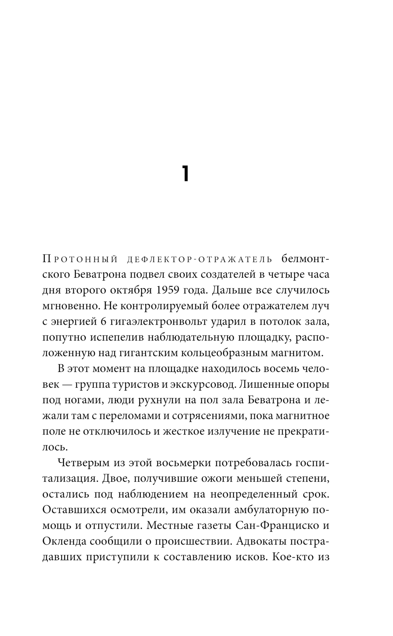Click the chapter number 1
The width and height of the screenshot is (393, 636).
[x=185, y=174]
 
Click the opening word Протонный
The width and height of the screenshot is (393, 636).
[x=80, y=259]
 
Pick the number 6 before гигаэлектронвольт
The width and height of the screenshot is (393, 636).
[x=104, y=322]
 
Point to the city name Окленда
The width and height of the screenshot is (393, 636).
[x=64, y=540]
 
